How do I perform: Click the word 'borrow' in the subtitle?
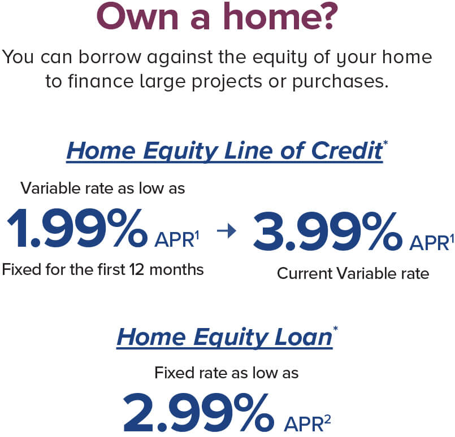click(x=110, y=57)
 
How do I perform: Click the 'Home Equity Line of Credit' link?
click(x=224, y=151)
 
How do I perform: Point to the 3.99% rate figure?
click(x=328, y=231)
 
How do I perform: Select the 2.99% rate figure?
click(x=199, y=412)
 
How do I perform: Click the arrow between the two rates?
click(x=227, y=231)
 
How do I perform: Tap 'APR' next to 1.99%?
click(x=175, y=240)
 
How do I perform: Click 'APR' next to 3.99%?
click(x=429, y=243)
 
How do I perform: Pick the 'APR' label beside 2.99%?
click(x=304, y=425)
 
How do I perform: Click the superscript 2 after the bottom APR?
click(x=327, y=420)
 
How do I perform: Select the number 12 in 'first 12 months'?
click(x=137, y=270)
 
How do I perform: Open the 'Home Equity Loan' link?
click(x=224, y=338)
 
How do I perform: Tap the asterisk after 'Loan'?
click(x=335, y=329)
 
